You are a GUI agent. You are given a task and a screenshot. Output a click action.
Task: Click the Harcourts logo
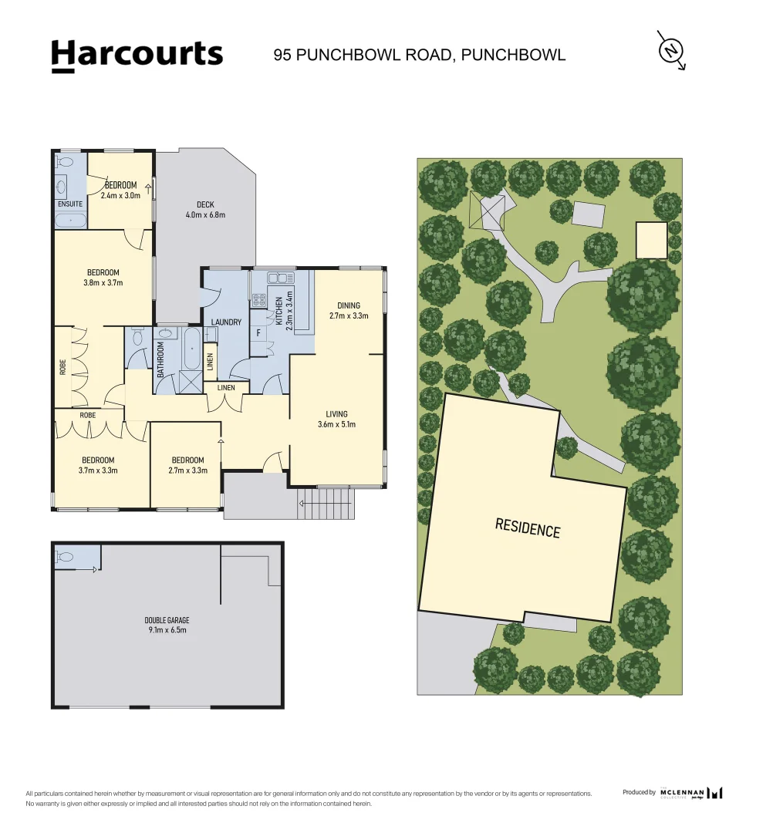point(137,56)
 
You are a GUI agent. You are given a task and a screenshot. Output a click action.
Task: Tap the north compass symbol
point(670,51)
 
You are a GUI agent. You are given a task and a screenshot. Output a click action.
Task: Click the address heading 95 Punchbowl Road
point(420,55)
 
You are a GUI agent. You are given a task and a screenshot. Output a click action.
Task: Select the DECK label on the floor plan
point(205,204)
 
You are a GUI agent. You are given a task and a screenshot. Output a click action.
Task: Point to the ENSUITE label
point(69,204)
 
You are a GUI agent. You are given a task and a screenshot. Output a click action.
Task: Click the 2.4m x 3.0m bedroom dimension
point(120,196)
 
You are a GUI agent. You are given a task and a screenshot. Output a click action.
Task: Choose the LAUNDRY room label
point(226,322)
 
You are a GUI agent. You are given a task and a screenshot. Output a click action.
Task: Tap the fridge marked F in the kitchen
point(258,334)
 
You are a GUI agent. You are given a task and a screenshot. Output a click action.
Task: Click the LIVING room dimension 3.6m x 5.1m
point(336,424)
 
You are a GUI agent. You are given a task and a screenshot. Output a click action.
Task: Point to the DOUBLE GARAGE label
point(167,620)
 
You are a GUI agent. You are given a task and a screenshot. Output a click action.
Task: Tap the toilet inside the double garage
point(65,557)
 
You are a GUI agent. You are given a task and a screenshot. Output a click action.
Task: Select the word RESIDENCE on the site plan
point(527,529)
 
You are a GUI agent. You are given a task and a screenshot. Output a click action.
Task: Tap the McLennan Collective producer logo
point(691,793)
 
